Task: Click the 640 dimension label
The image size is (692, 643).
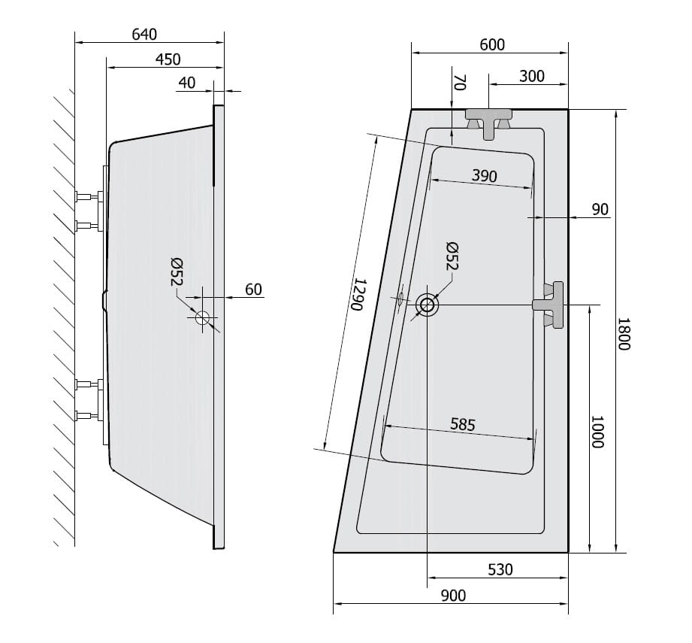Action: coord(144,35)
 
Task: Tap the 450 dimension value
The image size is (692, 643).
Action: coord(168,59)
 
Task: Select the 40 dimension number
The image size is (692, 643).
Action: coord(187,83)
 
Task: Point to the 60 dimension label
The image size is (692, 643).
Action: coord(253,290)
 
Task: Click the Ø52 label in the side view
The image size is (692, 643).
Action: coord(177,272)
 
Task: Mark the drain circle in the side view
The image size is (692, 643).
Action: coord(203,318)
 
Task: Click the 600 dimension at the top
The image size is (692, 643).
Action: coord(492,44)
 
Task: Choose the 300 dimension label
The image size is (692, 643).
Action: coord(532,77)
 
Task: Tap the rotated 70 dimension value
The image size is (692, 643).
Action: coord(460,83)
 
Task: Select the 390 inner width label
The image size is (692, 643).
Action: coord(485,176)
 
